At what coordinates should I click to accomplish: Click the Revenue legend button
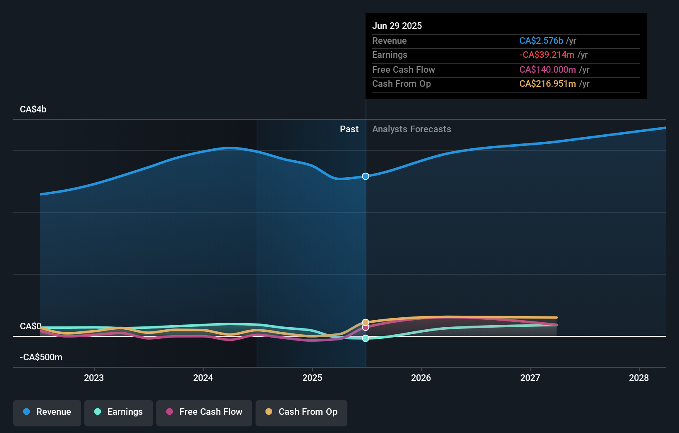click(47, 412)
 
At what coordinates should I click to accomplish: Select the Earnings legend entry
click(119, 412)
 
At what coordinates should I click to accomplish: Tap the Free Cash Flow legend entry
click(204, 412)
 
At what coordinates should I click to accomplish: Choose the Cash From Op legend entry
click(301, 412)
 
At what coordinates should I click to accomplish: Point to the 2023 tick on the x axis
click(94, 378)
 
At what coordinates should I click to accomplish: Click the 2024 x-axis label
click(203, 378)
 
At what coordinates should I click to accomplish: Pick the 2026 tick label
click(421, 378)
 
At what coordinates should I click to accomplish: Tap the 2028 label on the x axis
click(639, 378)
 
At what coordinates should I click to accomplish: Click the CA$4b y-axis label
click(33, 109)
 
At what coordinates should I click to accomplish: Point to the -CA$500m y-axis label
click(41, 357)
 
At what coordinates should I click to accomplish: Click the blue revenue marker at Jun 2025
click(366, 176)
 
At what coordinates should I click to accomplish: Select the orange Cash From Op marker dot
click(366, 322)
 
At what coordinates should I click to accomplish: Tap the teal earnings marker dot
click(366, 338)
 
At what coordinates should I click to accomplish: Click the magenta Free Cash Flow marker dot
click(366, 328)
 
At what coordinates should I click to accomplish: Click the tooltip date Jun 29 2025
click(397, 26)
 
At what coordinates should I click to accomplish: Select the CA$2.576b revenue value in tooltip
click(541, 41)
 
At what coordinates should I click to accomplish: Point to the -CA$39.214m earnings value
click(547, 55)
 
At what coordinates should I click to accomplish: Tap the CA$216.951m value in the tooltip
click(548, 84)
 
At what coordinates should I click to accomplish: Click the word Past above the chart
click(349, 129)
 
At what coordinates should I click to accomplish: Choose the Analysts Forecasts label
click(411, 129)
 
